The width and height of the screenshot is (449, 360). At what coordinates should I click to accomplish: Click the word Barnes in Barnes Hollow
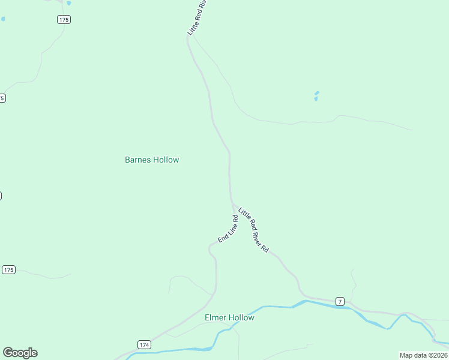point(137,160)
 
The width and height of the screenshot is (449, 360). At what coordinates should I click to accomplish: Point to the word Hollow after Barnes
point(166,160)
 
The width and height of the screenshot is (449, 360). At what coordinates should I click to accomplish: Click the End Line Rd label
point(228,229)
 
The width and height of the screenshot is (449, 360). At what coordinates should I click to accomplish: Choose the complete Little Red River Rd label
point(253,229)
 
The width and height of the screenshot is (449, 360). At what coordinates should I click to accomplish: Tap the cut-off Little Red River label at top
point(197,18)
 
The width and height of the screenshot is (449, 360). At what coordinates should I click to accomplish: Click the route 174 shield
point(144,344)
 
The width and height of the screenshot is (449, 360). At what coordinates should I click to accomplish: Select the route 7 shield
point(340,301)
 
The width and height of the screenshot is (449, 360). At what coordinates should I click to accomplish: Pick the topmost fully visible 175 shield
point(64,20)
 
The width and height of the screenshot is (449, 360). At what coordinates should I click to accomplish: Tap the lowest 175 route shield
point(8,270)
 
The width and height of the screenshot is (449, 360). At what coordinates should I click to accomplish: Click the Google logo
point(20,353)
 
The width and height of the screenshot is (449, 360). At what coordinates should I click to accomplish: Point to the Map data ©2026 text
point(423,355)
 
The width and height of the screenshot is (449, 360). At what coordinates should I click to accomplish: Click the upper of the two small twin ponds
point(317,93)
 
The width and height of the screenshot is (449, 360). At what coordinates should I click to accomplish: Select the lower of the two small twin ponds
point(315,99)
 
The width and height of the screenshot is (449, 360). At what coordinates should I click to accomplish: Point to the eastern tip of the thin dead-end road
point(412,130)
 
